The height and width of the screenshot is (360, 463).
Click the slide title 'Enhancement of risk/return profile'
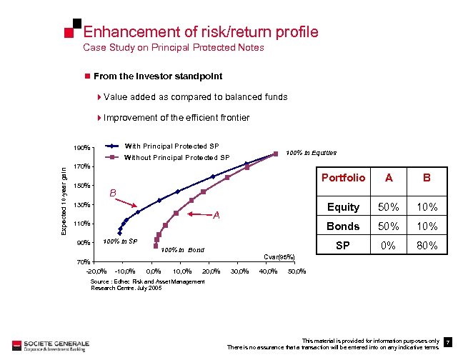200,32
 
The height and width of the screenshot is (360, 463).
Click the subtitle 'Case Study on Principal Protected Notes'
174,48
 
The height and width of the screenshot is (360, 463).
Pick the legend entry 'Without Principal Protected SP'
176,157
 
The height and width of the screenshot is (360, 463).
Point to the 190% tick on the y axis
82,149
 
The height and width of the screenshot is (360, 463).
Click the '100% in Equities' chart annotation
311,152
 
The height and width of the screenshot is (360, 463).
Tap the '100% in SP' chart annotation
120,242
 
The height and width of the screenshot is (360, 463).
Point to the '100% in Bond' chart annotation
182,250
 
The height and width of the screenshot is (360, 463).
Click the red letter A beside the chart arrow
218,216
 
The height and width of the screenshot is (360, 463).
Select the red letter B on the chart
112,193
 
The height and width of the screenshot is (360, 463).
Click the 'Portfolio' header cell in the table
343,178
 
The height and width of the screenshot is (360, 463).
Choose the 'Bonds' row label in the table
343,227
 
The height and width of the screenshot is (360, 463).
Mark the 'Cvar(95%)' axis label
279,257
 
